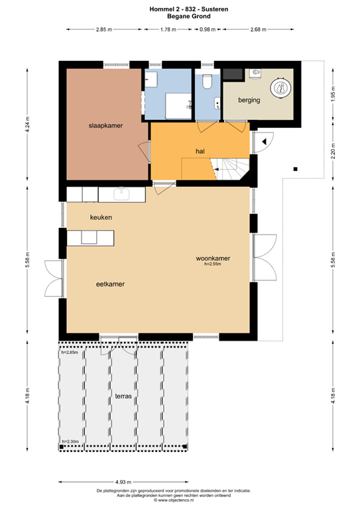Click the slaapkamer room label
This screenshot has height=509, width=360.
click(x=106, y=125)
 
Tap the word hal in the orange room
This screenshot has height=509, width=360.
click(x=199, y=151)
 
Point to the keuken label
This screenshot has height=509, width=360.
click(x=101, y=217)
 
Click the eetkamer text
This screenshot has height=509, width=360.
click(x=111, y=284)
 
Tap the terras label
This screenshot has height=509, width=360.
click(x=123, y=396)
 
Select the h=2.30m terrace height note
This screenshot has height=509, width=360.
click(x=70, y=441)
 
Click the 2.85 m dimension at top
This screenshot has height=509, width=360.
click(x=103, y=30)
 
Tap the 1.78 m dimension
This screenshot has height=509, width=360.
click(x=168, y=30)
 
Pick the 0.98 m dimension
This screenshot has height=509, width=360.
click(x=208, y=30)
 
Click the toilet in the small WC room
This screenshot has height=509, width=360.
click(x=208, y=82)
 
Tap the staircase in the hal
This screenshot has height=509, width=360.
click(x=232, y=169)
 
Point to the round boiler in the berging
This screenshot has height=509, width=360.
click(x=280, y=87)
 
